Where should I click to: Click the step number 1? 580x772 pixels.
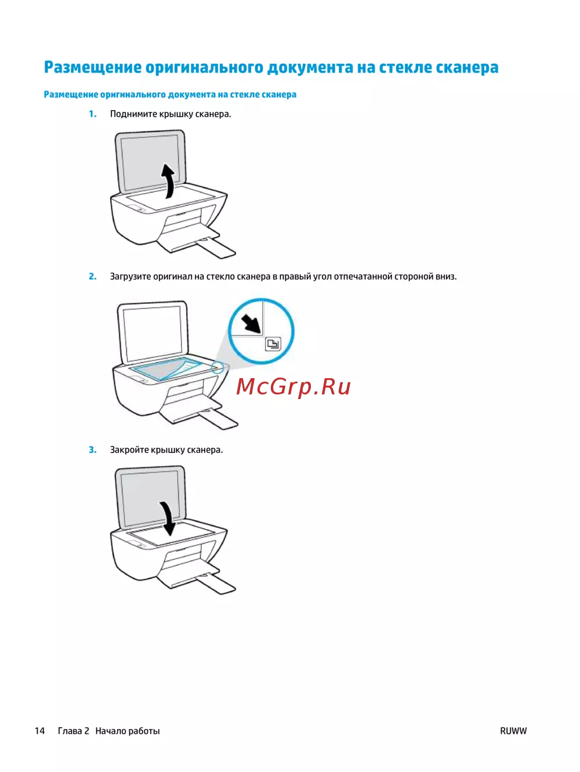coord(92,114)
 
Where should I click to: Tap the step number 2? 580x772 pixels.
coord(92,277)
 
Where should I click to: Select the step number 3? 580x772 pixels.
coord(92,450)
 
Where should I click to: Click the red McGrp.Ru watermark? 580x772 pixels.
coord(293,386)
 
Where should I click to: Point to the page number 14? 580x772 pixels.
coord(40,728)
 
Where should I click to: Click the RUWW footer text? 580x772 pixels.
coord(513,728)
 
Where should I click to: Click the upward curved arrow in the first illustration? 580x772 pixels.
coord(169,181)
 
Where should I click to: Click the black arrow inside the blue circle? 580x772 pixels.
coord(251,324)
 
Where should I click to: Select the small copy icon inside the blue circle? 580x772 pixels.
coord(273,343)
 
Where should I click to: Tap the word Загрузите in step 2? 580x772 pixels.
coord(130,277)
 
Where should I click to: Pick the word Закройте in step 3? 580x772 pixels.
coord(129,450)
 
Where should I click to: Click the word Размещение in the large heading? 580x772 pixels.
coord(93,67)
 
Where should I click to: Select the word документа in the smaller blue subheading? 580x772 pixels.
coord(191,95)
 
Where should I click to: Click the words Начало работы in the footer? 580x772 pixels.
coord(128,728)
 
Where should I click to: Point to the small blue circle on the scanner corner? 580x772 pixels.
coord(217,368)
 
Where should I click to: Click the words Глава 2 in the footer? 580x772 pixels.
coord(74,728)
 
